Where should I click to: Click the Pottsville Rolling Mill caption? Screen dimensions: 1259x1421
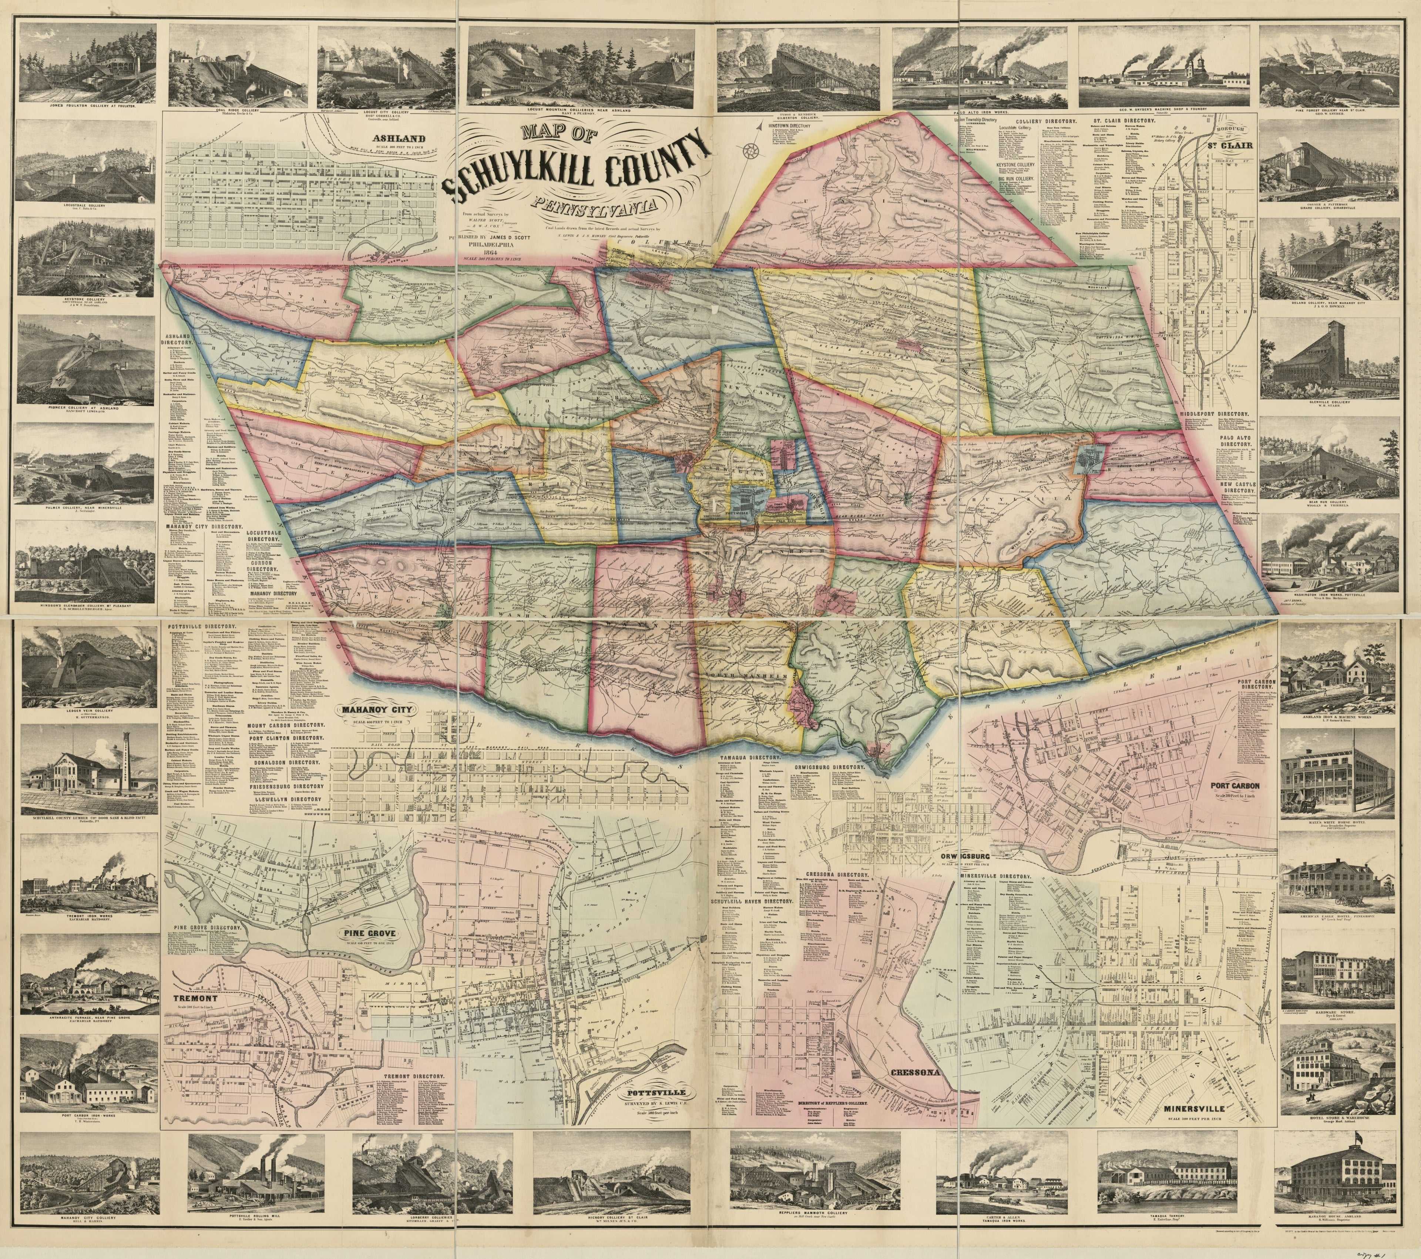[x=249, y=1218]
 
